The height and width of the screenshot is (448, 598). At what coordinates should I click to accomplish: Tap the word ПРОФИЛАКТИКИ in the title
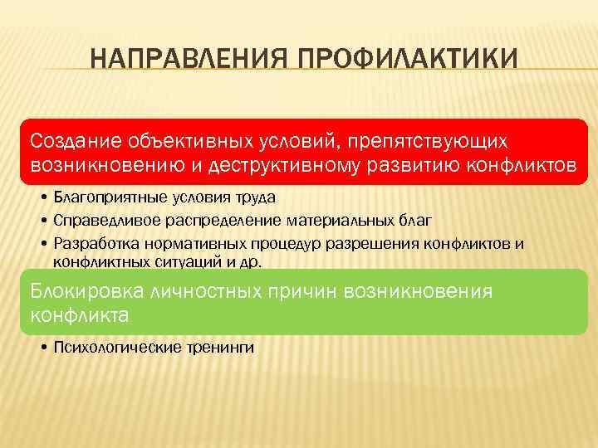pos(407,61)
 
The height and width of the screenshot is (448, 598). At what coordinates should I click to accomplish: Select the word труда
pos(253,198)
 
